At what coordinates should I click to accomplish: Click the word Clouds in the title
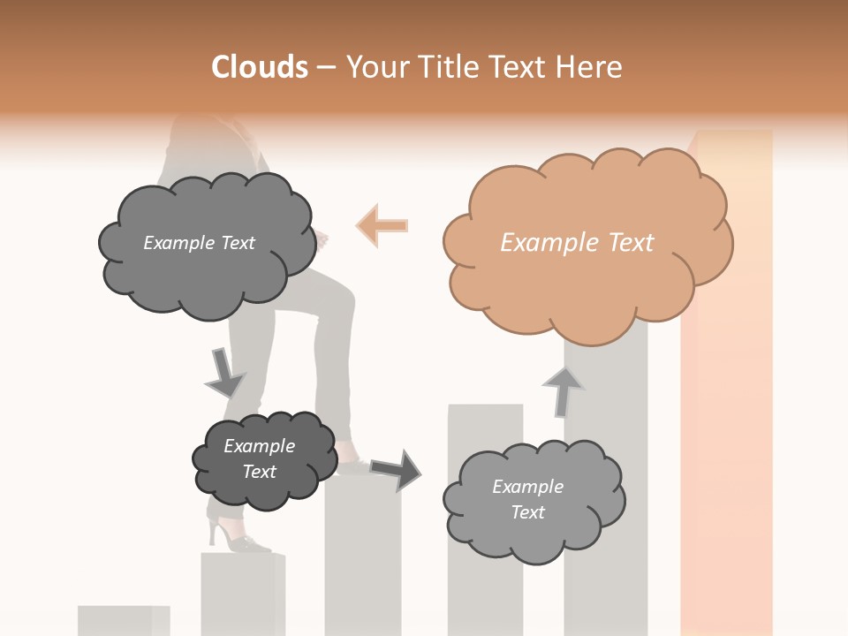click(260, 67)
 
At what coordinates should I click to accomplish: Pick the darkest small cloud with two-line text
click(263, 460)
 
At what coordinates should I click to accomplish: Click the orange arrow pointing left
click(382, 225)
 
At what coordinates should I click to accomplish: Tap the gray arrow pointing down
click(224, 372)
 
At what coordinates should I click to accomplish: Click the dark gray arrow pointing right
click(396, 469)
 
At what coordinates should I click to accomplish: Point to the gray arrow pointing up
click(563, 390)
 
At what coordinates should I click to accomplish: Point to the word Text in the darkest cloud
click(260, 472)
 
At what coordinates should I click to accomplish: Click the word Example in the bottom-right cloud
click(527, 487)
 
